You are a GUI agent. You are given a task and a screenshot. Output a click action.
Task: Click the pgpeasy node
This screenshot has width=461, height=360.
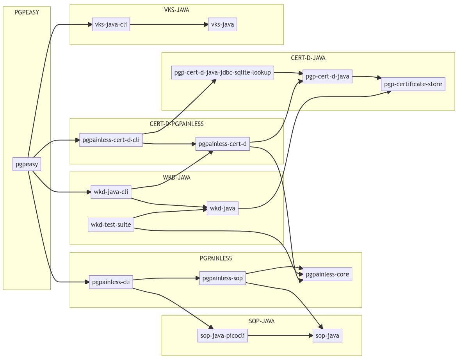(27, 164)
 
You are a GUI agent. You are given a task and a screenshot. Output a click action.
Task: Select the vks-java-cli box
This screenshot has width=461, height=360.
(111, 25)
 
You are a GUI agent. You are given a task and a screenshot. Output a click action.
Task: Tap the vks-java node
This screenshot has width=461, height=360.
(222, 25)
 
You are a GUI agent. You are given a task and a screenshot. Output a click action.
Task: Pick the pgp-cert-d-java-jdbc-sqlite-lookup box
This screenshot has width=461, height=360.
(222, 73)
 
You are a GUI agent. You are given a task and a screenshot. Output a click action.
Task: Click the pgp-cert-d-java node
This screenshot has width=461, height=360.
(327, 77)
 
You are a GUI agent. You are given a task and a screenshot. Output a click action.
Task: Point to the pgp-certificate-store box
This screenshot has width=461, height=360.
(413, 84)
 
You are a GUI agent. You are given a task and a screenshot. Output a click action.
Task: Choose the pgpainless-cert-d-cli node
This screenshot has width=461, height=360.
(111, 140)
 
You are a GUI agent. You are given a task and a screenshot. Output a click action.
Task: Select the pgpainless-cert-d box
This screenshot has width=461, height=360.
(222, 144)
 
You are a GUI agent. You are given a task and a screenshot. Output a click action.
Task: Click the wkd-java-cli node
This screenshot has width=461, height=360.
(111, 192)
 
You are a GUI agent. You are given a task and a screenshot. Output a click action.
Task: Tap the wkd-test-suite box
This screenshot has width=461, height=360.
(111, 225)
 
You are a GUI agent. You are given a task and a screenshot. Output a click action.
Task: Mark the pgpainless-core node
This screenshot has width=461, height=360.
(327, 274)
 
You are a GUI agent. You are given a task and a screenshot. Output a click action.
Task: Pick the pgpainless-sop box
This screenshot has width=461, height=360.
(222, 278)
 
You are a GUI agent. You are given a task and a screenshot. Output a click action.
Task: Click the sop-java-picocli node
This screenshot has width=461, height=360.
(222, 336)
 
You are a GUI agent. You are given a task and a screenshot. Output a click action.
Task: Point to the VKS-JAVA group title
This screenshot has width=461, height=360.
(176, 10)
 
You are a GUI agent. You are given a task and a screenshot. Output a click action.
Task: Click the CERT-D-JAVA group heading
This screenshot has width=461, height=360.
(308, 58)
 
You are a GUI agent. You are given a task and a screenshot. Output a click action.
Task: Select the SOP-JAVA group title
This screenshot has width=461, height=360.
(262, 321)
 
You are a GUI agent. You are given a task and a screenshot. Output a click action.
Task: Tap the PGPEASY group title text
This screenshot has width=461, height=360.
(27, 12)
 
